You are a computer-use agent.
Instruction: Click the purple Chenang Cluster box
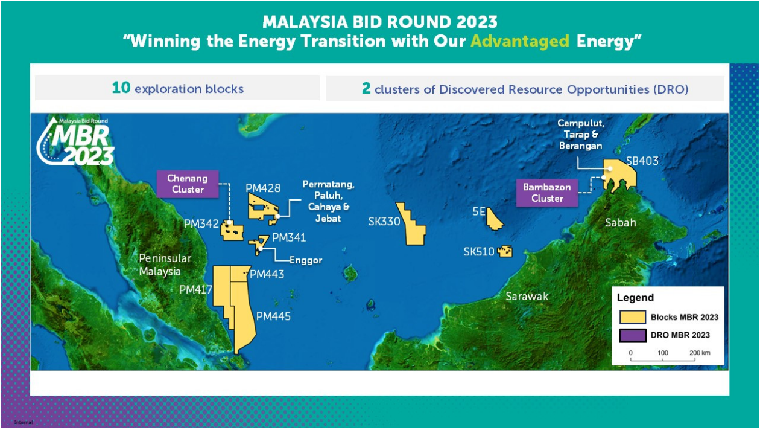coord(188,184)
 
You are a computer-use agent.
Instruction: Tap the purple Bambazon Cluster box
coord(547,193)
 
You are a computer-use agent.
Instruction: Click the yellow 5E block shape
coord(494,220)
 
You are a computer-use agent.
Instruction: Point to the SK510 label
coord(479,252)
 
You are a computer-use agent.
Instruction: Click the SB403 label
coord(642,161)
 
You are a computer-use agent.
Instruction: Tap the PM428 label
coord(263,188)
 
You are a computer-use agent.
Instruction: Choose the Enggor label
coord(306,260)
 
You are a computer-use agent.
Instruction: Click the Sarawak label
coord(527,296)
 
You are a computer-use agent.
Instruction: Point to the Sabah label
coord(621,223)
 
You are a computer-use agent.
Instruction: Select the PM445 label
coord(273,316)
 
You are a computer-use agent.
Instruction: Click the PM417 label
coord(195,289)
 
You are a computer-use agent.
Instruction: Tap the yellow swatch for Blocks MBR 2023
coord(632,317)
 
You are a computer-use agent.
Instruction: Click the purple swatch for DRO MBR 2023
coord(632,335)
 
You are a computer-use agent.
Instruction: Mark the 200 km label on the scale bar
coord(700,353)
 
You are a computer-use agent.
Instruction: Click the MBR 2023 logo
coord(75,142)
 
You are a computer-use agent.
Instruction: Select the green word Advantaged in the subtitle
coord(520,42)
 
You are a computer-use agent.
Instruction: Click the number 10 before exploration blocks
coord(121,88)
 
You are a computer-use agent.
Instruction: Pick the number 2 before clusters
coord(366,88)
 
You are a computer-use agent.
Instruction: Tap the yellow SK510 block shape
coord(505,251)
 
